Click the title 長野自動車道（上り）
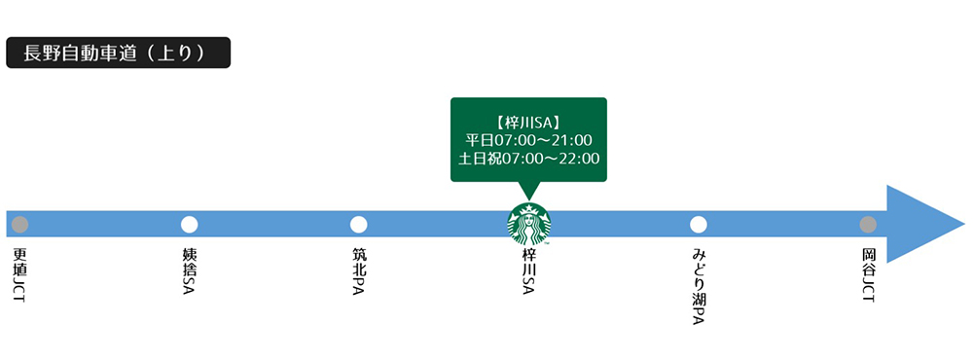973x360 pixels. [x=118, y=53]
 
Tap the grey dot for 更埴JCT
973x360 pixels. [x=19, y=225]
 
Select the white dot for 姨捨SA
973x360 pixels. [x=189, y=225]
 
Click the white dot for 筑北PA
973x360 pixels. [x=358, y=225]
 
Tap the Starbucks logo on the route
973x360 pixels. [x=528, y=225]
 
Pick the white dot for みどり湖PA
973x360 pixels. [x=698, y=225]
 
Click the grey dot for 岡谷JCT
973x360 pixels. [x=868, y=225]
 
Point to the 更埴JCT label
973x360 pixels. [x=19, y=274]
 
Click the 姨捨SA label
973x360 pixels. [x=189, y=272]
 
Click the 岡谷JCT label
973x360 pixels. [x=868, y=274]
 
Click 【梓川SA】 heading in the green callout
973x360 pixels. [x=528, y=121]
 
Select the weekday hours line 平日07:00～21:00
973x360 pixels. [x=528, y=140]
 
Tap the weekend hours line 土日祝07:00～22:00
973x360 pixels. [x=528, y=159]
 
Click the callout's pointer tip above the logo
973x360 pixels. [x=528, y=198]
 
